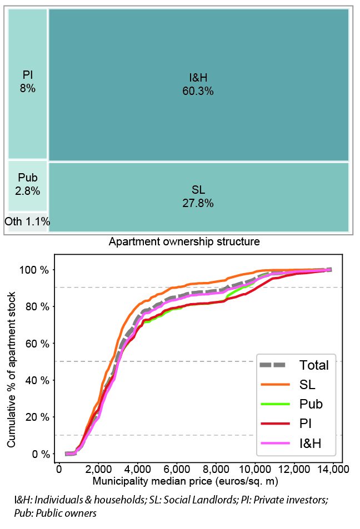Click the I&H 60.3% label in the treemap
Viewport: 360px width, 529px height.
[198, 84]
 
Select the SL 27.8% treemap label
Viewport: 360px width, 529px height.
[198, 197]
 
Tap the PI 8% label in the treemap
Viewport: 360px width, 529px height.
[28, 81]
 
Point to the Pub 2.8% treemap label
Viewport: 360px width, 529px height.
[28, 184]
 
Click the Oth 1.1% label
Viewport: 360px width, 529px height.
[27, 222]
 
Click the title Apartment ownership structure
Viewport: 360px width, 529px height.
[184, 242]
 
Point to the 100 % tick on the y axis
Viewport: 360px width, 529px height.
[36, 270]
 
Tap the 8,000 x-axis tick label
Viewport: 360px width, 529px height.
[216, 470]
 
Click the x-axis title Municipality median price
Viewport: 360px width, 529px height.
[184, 481]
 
